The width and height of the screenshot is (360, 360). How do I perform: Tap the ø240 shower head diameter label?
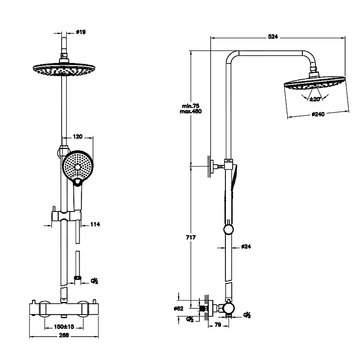318,114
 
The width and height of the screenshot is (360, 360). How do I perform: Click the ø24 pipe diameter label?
246,247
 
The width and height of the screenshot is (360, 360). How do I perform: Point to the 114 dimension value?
95,224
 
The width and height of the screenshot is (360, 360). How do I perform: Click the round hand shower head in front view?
77,165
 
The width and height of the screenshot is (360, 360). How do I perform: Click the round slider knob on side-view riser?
229,230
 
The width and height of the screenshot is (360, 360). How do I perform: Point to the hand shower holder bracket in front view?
66,215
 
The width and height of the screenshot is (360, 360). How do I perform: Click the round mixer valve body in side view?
229,309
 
